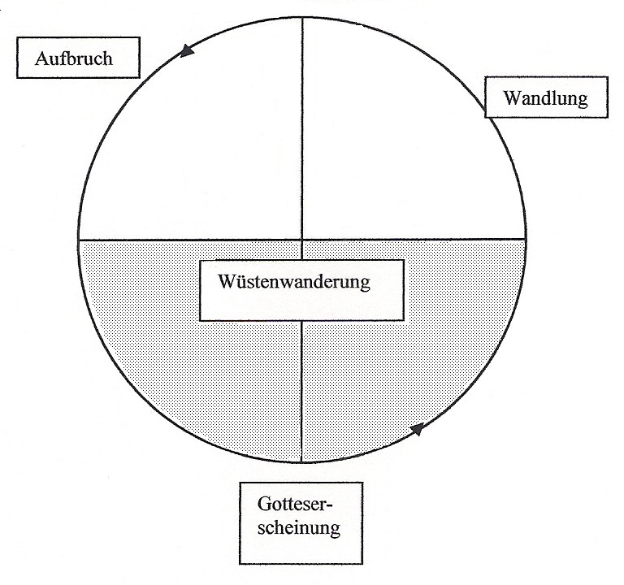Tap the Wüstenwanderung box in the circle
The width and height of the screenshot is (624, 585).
click(301, 290)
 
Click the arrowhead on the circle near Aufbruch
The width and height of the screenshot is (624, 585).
click(188, 51)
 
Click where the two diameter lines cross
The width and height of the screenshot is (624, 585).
click(302, 240)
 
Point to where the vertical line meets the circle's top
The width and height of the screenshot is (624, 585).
click(302, 17)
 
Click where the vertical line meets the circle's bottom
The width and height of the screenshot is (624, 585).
click(302, 462)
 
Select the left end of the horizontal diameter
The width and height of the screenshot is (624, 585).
click(79, 240)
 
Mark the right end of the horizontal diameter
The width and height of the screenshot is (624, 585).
click(525, 240)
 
